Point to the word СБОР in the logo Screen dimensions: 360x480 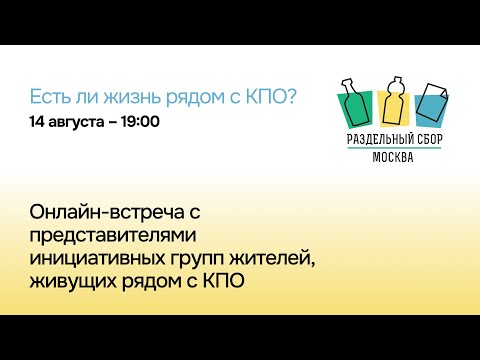pyautogui.click(x=428, y=139)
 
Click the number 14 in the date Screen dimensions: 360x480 pyautogui.click(x=37, y=122)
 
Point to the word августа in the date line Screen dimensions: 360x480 pyautogui.click(x=79, y=122)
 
